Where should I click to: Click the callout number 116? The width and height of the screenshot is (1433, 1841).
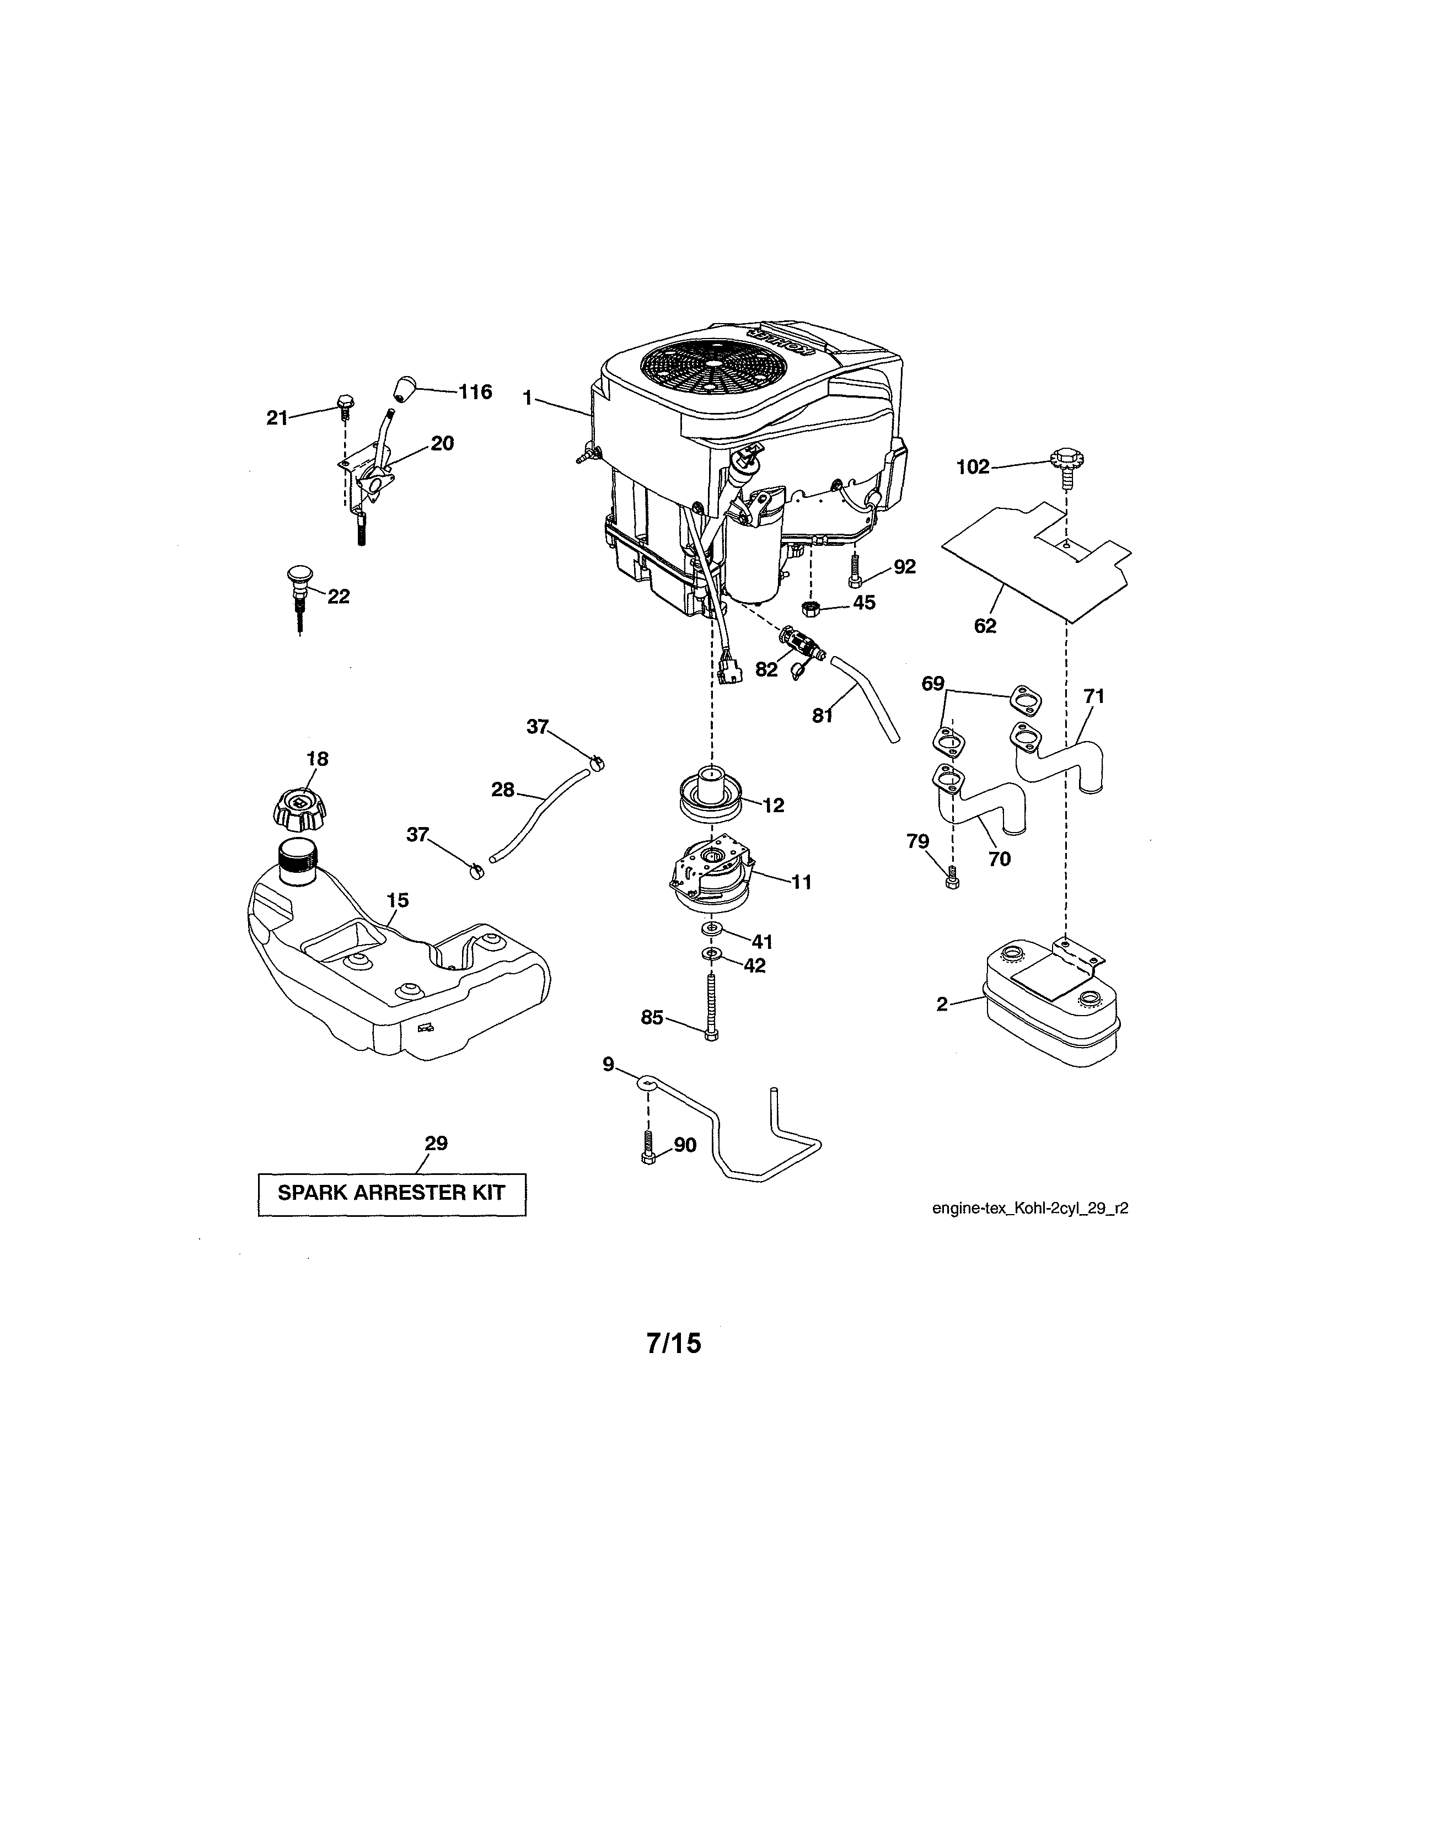475,392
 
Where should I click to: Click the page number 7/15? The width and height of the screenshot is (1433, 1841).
674,1343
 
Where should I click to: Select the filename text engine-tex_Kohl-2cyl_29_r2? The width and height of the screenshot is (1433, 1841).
1029,1208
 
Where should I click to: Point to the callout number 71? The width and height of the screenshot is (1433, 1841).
1094,696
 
